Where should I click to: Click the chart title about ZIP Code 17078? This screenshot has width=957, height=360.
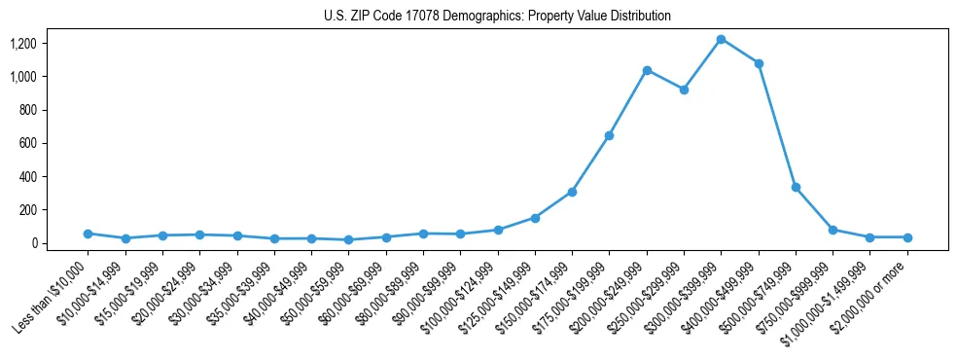pyautogui.click(x=497, y=17)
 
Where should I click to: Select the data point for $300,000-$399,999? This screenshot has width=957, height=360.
pyautogui.click(x=721, y=39)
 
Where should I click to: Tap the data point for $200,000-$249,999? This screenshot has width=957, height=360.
pyautogui.click(x=647, y=70)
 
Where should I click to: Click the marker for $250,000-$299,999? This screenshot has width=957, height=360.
pyautogui.click(x=684, y=90)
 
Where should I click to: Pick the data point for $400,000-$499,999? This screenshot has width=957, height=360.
pyautogui.click(x=759, y=63)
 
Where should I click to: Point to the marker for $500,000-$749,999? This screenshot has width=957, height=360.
pyautogui.click(x=796, y=187)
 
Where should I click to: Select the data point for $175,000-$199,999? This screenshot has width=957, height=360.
pyautogui.click(x=609, y=135)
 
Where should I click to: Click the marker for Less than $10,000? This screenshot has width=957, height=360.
pyautogui.click(x=88, y=234)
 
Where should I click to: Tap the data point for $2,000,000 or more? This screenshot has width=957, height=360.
pyautogui.click(x=907, y=237)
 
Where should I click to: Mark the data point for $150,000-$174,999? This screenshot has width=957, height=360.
pyautogui.click(x=572, y=192)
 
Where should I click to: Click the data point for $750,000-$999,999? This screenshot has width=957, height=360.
pyautogui.click(x=833, y=230)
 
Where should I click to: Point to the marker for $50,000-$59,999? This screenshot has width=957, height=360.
pyautogui.click(x=348, y=239)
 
